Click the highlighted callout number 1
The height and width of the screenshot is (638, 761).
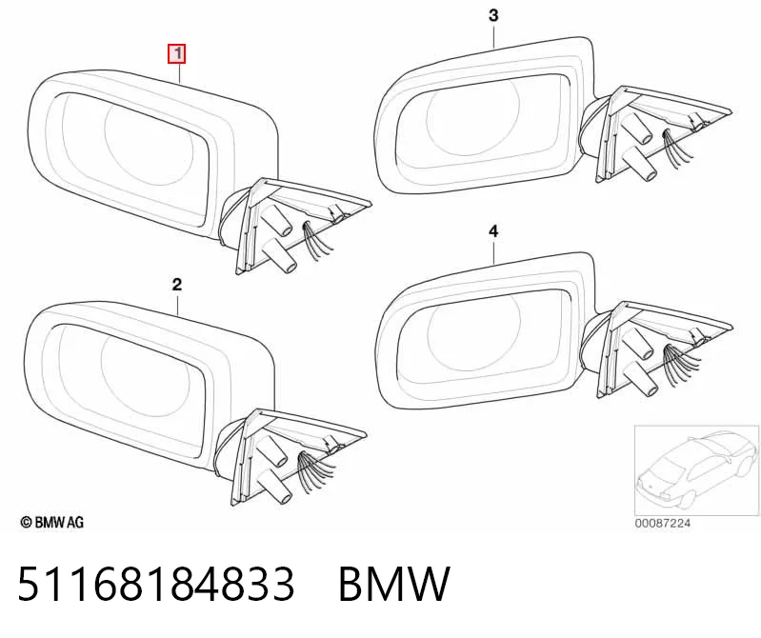177,53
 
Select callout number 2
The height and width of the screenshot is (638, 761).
177,285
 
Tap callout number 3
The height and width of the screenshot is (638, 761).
493,15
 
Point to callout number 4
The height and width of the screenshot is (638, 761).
493,231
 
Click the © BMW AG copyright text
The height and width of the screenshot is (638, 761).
52,522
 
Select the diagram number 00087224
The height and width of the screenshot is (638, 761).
663,523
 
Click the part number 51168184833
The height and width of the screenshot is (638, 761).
156,583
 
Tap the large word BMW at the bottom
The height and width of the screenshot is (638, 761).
394,583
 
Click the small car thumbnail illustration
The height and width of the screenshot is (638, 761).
697,470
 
